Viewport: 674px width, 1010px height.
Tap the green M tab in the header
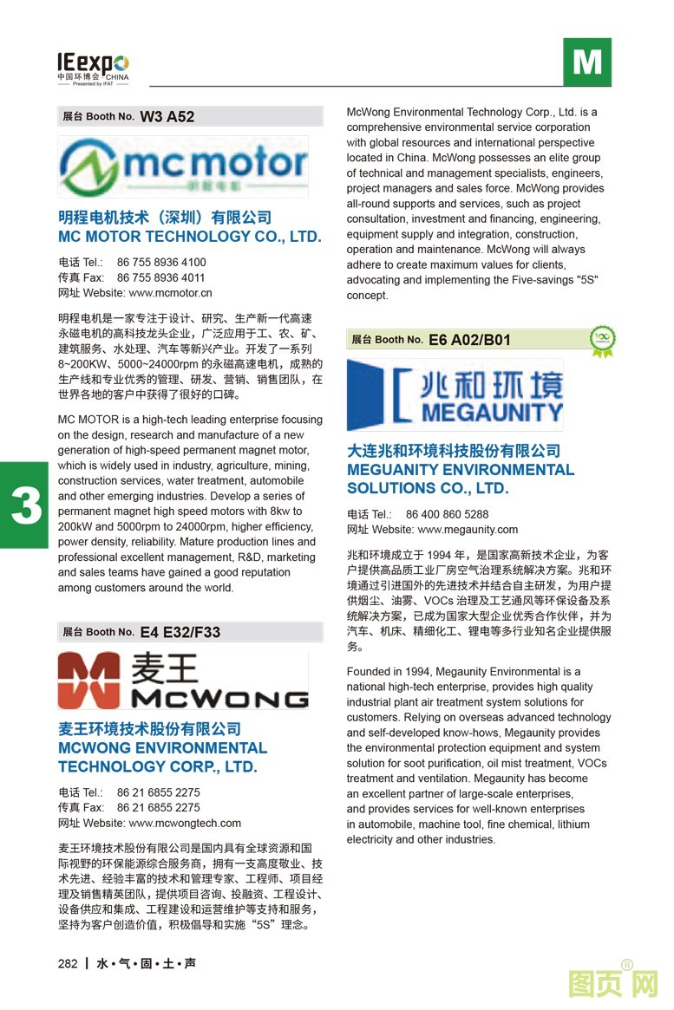tap(586, 62)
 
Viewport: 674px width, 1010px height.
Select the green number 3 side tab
tap(26, 505)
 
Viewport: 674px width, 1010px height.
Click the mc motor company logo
tap(183, 166)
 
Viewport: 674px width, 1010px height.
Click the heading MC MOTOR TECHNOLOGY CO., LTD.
tap(189, 236)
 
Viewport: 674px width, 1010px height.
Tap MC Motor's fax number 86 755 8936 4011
tap(160, 277)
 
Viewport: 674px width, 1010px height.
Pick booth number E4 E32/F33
tap(180, 632)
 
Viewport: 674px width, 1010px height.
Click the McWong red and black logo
tap(183, 681)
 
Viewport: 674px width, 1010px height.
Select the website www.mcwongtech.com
tap(185, 823)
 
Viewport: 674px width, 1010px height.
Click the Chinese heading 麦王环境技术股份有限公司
tap(149, 729)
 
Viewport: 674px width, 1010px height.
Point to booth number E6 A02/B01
tap(469, 340)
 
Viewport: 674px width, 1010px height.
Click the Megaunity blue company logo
tap(455, 395)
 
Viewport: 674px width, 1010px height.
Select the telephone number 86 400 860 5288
tap(447, 514)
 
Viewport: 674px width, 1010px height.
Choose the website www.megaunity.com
tap(468, 529)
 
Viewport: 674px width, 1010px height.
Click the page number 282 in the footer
tap(68, 963)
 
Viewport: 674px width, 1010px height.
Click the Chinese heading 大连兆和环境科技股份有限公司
tap(453, 451)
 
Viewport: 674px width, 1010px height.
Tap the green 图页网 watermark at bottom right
tap(612, 984)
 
